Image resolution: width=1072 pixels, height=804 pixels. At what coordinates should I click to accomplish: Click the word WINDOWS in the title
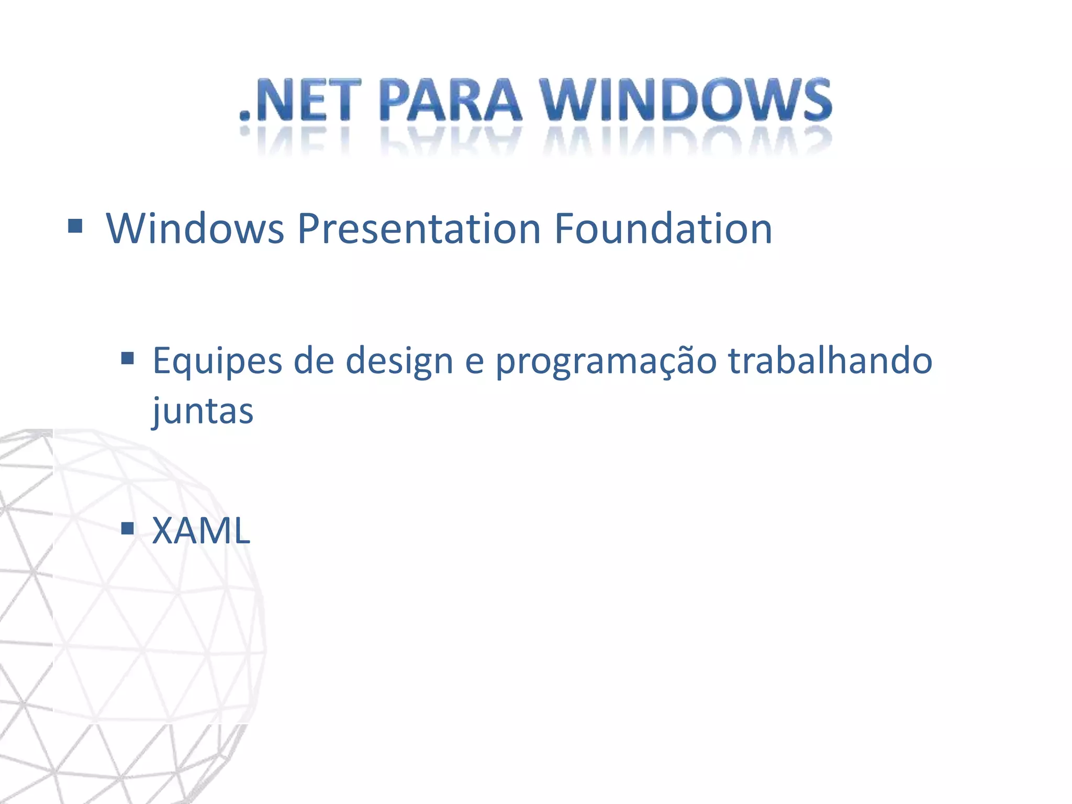click(x=686, y=99)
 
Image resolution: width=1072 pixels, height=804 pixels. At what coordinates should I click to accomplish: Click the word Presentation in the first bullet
click(x=419, y=229)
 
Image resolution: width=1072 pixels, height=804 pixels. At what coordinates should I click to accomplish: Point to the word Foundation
click(x=663, y=229)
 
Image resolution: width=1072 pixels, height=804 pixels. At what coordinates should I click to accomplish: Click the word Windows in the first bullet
click(x=195, y=229)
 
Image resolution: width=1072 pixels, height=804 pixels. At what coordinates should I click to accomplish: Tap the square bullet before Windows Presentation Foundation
click(x=75, y=226)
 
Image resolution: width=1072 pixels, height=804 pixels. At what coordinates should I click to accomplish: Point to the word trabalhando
click(x=830, y=361)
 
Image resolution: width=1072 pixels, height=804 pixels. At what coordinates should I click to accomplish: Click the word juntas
click(x=203, y=411)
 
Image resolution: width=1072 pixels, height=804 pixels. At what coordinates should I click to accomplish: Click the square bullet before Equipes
click(x=127, y=359)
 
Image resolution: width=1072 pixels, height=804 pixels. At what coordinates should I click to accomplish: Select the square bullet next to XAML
click(x=127, y=528)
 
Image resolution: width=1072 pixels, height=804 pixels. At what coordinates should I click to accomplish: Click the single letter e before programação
click(x=474, y=363)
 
